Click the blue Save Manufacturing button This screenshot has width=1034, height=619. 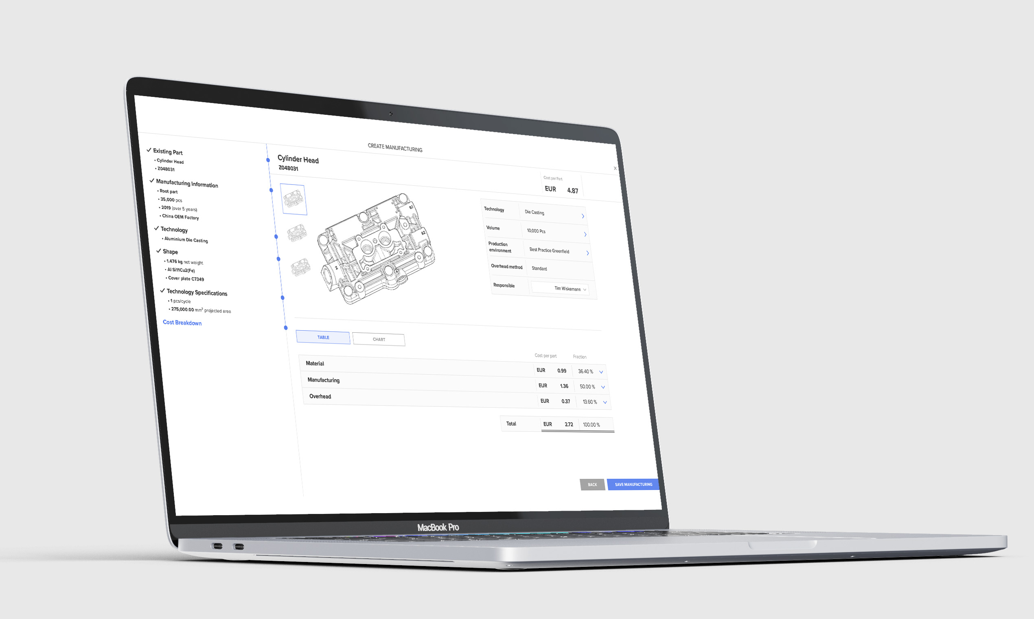coord(633,484)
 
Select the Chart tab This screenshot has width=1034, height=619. coord(379,339)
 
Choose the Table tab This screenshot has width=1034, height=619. coord(323,337)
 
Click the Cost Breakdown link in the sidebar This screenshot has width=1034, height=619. coord(182,323)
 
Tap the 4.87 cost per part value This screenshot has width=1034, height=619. coord(572,191)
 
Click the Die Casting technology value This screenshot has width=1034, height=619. coord(535,212)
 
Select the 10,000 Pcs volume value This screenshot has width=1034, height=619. coord(536,230)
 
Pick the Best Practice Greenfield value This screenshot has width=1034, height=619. coord(549,250)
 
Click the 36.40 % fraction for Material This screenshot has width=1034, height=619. coord(585,371)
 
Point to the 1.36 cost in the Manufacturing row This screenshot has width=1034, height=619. coord(564,386)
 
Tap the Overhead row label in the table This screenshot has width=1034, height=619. coord(320,396)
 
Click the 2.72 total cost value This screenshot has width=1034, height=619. coord(569,424)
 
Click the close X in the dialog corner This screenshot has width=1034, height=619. coord(615,169)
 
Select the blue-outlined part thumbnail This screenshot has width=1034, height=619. coord(294,200)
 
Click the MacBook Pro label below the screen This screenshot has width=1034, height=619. coord(438,527)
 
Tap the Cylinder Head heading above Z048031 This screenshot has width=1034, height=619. coord(298,159)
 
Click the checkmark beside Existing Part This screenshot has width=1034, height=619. coord(149,150)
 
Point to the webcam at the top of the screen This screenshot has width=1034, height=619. coord(391,114)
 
